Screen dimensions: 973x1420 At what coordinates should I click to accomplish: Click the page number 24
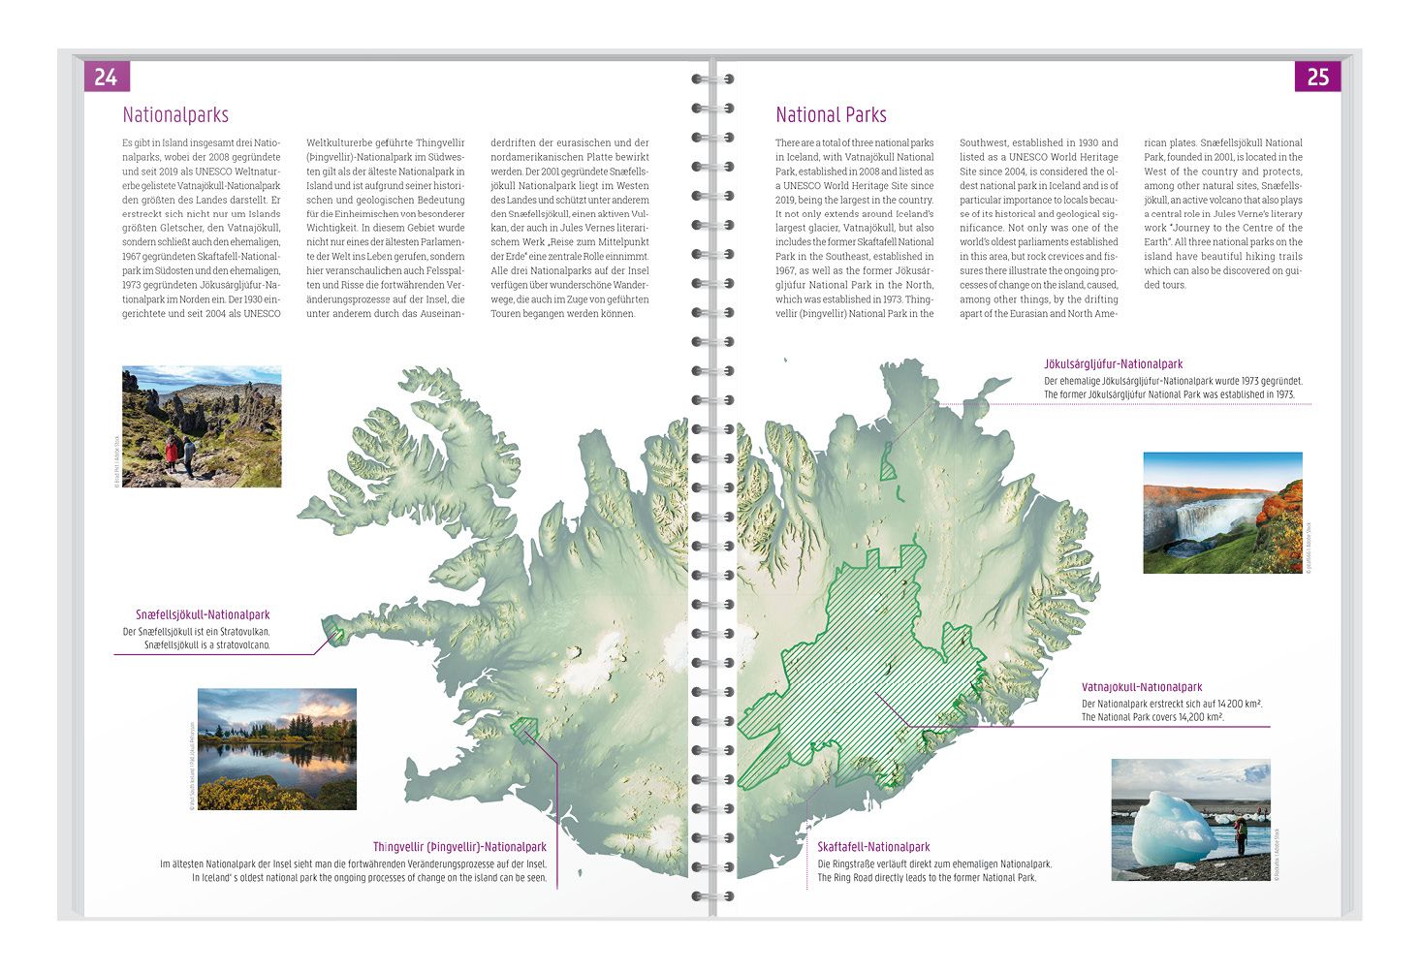pyautogui.click(x=106, y=76)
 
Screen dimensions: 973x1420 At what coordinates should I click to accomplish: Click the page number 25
pyautogui.click(x=1317, y=77)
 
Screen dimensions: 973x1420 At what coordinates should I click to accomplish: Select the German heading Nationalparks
pyautogui.click(x=175, y=115)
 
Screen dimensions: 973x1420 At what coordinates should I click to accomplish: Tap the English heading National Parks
pyautogui.click(x=831, y=115)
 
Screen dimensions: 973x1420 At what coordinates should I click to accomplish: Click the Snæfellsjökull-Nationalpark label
pyautogui.click(x=203, y=615)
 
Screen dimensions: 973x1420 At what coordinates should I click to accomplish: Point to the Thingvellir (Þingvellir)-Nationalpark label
pyautogui.click(x=459, y=847)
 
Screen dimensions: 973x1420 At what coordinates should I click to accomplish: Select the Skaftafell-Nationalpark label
pyautogui.click(x=873, y=847)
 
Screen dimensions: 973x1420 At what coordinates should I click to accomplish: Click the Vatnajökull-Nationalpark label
pyautogui.click(x=1142, y=688)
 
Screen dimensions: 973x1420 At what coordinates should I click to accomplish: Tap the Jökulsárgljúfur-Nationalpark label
pyautogui.click(x=1113, y=364)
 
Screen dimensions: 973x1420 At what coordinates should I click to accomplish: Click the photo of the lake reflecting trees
pyautogui.click(x=276, y=748)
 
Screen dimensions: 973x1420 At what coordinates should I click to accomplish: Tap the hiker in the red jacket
pyautogui.click(x=172, y=455)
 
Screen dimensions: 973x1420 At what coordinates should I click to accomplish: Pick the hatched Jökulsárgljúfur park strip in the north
pyautogui.click(x=887, y=461)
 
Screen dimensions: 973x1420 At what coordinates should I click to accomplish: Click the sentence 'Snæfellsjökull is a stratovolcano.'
pyautogui.click(x=207, y=645)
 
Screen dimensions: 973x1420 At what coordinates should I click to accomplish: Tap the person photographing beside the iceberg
pyautogui.click(x=1239, y=832)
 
